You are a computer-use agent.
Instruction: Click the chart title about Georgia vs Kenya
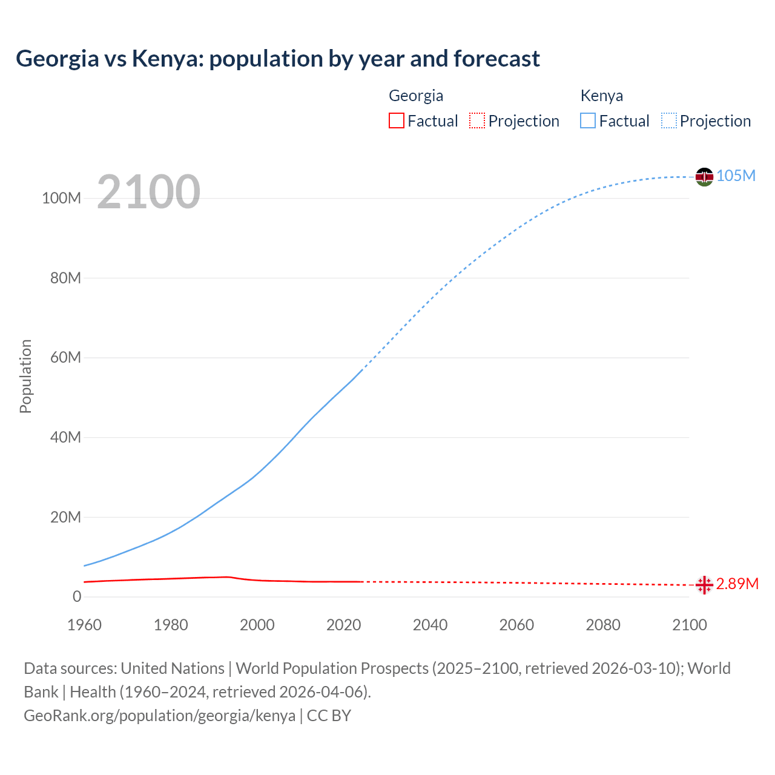point(278,59)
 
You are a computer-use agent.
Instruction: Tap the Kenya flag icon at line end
point(704,177)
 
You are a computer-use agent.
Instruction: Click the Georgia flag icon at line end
point(704,585)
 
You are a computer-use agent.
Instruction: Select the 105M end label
point(736,176)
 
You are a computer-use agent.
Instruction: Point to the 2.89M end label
point(737,584)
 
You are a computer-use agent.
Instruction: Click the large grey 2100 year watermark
point(148,192)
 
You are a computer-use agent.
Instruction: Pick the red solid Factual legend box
point(396,120)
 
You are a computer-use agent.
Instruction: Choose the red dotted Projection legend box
point(477,120)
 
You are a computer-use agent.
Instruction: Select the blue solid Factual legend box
point(588,120)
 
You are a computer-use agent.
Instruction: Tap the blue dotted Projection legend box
point(669,120)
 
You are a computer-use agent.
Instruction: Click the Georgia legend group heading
point(416,96)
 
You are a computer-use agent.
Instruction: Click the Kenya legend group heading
point(601,96)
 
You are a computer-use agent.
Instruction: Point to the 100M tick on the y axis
point(61,199)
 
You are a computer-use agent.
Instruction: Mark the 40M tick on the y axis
point(65,437)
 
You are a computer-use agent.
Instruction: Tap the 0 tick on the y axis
point(77,596)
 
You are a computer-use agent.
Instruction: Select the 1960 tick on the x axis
point(84,625)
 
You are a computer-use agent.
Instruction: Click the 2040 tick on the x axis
point(430,625)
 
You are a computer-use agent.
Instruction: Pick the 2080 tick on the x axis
point(603,625)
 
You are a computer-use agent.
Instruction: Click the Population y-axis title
point(25,376)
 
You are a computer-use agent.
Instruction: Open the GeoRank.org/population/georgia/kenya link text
point(159,715)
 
